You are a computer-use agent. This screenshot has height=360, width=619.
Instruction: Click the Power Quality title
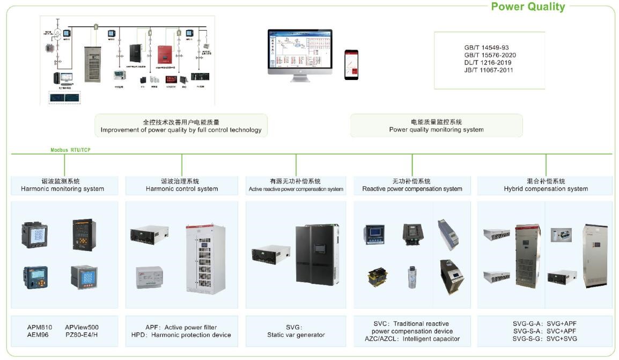tap(528, 6)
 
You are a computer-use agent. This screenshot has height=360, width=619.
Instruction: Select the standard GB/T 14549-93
tap(487, 48)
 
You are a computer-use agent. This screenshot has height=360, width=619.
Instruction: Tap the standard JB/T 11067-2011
tap(489, 70)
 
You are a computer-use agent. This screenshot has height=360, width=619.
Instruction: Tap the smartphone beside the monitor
tap(351, 64)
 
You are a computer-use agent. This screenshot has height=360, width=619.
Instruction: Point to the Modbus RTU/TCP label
tap(70, 150)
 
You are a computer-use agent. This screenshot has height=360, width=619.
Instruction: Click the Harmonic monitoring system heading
tap(62, 189)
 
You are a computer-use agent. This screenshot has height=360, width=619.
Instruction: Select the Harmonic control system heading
tap(182, 189)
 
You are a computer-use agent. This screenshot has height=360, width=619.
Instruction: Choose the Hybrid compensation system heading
tap(546, 189)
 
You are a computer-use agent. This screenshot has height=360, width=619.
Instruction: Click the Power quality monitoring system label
tap(436, 130)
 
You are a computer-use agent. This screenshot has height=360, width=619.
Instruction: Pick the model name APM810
tap(40, 327)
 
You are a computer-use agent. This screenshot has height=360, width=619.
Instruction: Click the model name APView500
tap(82, 327)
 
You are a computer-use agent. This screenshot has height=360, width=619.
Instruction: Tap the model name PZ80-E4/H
tap(82, 335)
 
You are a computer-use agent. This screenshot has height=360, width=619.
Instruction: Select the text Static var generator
tap(296, 335)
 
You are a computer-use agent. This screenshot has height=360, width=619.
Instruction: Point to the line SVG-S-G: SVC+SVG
tap(544, 339)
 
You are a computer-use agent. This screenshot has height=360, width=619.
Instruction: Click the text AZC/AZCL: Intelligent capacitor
tap(412, 339)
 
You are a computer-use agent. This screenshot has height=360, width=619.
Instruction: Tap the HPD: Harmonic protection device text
tap(181, 335)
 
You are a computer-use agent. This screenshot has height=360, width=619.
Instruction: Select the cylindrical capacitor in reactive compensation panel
tap(412, 277)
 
